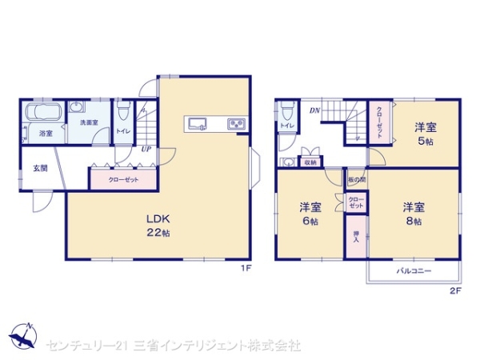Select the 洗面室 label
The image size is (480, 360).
(x=88, y=122)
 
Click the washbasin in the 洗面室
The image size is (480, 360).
(x=78, y=108)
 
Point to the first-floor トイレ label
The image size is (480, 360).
(x=123, y=130)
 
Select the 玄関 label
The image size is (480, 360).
(x=40, y=168)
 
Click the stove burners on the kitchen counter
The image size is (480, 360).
(x=237, y=122)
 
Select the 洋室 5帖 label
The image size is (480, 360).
(x=426, y=132)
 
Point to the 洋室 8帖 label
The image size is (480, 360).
(x=414, y=211)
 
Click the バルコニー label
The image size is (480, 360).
(x=414, y=272)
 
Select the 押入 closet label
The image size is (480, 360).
(x=356, y=241)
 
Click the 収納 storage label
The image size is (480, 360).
(x=310, y=162)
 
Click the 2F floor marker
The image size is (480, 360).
(x=454, y=290)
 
